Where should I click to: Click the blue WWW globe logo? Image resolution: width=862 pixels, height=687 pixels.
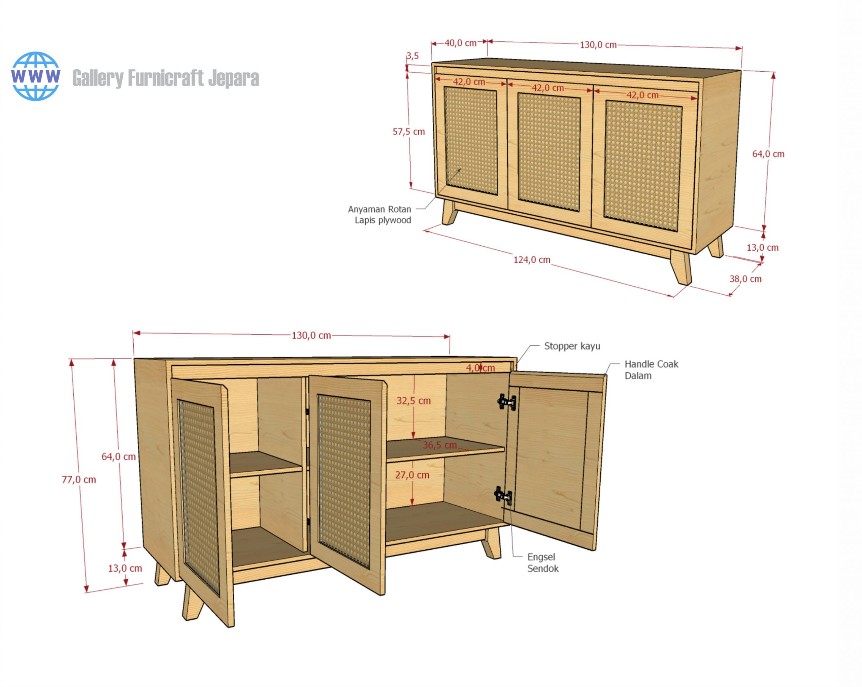(x=36, y=76)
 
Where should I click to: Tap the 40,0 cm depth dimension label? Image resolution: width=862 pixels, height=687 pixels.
(x=460, y=43)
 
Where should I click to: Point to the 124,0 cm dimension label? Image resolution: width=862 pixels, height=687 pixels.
(x=532, y=260)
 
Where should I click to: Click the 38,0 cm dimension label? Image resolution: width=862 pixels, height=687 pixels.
(x=745, y=279)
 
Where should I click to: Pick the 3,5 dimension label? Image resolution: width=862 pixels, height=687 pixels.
(x=412, y=56)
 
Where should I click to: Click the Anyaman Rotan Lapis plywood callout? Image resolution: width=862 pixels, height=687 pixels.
(x=379, y=215)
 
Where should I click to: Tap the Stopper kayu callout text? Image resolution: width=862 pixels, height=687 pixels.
(x=572, y=346)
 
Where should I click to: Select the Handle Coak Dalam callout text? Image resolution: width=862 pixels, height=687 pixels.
(x=651, y=370)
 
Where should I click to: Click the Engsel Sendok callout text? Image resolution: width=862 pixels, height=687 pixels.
(x=542, y=563)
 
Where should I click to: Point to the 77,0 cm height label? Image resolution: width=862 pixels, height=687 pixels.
(x=79, y=480)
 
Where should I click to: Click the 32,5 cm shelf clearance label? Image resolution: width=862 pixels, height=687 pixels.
(x=413, y=401)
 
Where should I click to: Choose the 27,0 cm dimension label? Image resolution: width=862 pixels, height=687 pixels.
(x=412, y=475)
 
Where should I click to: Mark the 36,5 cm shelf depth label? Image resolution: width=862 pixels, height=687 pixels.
(x=439, y=445)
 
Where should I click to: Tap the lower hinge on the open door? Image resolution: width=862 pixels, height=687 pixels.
(x=503, y=496)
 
